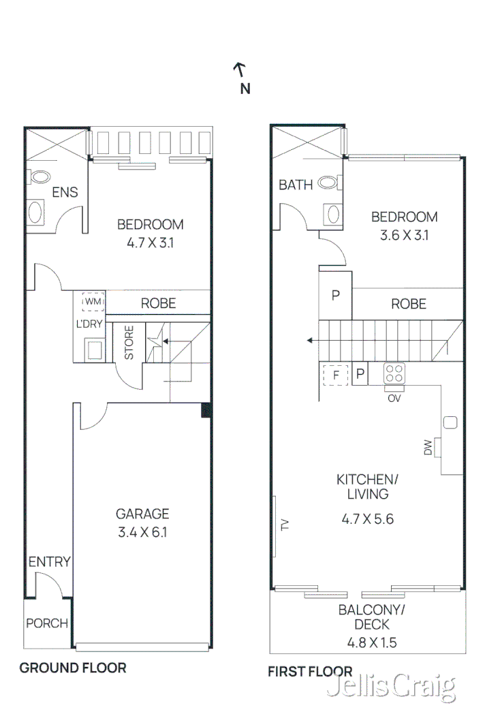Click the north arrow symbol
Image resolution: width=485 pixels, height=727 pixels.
tap(240, 68)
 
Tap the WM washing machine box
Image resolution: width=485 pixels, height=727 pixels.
tap(91, 301)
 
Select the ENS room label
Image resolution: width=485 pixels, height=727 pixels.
tap(65, 193)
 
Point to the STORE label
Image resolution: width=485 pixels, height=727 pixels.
tap(129, 343)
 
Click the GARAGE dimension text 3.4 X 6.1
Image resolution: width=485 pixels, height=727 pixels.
tap(142, 531)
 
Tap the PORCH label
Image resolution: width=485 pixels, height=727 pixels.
tap(47, 623)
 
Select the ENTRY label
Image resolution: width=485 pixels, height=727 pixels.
tap(49, 562)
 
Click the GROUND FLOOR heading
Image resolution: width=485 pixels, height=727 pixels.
tap(72, 668)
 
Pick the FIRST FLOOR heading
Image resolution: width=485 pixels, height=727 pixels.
tap(310, 672)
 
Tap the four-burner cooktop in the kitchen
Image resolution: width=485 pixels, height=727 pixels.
tap(394, 373)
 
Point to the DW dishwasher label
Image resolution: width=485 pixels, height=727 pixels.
tap(428, 448)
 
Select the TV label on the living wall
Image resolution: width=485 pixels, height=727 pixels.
tap(285, 525)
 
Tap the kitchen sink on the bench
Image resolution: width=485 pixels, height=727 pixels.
tap(450, 422)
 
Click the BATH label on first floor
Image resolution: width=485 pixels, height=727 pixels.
tap(296, 185)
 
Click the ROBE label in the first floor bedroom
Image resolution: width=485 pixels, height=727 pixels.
tap(409, 304)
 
